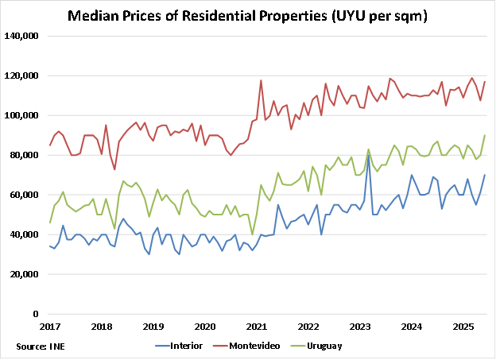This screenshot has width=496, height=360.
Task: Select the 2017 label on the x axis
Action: click(x=50, y=326)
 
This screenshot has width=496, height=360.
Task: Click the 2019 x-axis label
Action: click(x=153, y=326)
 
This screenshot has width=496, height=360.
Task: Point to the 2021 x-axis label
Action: click(x=255, y=326)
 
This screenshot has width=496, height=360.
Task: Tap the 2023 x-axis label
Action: click(x=358, y=326)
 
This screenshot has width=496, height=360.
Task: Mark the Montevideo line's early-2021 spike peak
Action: click(x=261, y=80)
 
